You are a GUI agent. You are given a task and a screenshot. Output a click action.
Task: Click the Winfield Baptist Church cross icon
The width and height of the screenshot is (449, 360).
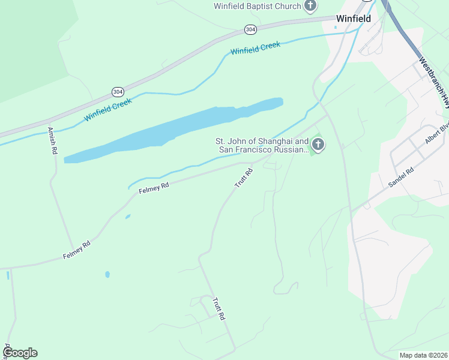pos(310,7)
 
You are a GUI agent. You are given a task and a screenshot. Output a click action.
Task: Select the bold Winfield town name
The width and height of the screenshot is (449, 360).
pos(353,19)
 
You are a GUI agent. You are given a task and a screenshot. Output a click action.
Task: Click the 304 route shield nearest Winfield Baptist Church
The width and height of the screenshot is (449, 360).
pos(250,29)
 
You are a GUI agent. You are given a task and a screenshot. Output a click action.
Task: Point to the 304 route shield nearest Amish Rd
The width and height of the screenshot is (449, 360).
pos(118,91)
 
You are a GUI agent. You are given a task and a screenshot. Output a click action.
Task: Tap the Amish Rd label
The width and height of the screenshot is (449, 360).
pos(53,140)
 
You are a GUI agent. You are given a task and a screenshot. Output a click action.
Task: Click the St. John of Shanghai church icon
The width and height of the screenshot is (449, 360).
pos(318,144)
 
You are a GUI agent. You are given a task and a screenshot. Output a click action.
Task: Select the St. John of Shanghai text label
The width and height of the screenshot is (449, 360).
pos(262,146)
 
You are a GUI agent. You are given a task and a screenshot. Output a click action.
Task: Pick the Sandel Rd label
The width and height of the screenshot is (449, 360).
pos(402,178)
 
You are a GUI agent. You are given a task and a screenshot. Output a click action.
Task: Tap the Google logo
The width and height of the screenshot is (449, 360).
pos(20,352)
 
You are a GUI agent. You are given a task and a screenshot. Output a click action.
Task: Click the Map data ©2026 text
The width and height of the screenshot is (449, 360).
pos(423,355)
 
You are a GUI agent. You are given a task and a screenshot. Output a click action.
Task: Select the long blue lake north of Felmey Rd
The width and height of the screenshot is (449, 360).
pos(174,129)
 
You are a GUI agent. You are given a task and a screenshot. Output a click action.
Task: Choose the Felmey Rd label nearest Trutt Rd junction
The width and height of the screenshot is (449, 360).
pos(154,188)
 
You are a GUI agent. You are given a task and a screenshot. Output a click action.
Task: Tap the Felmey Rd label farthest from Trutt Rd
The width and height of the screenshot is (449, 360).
pos(76,250)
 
